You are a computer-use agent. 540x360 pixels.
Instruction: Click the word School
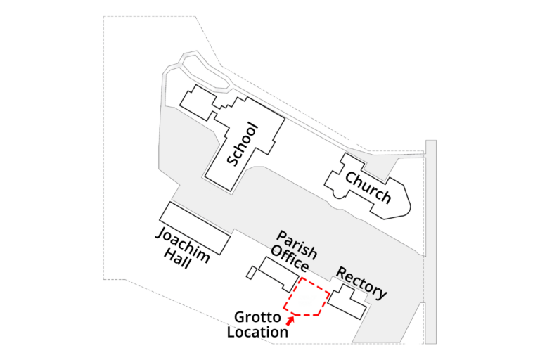point(243,145)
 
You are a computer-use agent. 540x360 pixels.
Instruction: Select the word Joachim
point(182,244)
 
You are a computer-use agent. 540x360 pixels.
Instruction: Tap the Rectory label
point(361,282)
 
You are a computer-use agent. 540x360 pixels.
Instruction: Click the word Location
point(257,332)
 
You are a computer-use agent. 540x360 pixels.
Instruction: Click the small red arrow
point(290,321)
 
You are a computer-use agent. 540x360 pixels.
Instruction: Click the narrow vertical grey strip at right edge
point(430,239)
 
